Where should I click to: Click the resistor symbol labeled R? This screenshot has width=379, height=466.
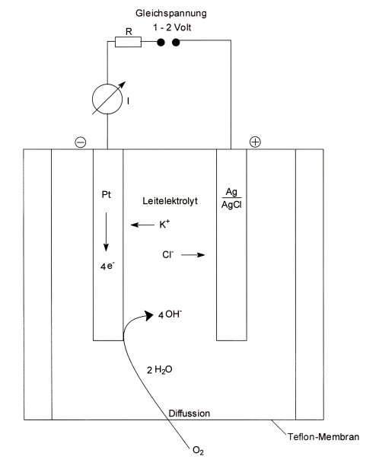pyautogui.click(x=128, y=42)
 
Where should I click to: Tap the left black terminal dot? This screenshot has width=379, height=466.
pyautogui.click(x=161, y=43)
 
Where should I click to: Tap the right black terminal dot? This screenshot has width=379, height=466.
pyautogui.click(x=176, y=43)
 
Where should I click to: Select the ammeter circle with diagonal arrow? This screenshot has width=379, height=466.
pyautogui.click(x=107, y=99)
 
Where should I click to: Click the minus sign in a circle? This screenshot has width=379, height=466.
pyautogui.click(x=81, y=142)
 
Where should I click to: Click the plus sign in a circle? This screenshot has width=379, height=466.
pyautogui.click(x=255, y=142)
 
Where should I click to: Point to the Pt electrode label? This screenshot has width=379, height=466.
pyautogui.click(x=106, y=195)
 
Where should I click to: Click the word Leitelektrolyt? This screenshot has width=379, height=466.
pyautogui.click(x=170, y=201)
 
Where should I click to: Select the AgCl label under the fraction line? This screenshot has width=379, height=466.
pyautogui.click(x=231, y=205)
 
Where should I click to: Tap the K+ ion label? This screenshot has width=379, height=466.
pyautogui.click(x=164, y=224)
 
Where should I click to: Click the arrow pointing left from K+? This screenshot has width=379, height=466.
pyautogui.click(x=142, y=225)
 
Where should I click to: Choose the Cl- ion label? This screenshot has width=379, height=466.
pyautogui.click(x=168, y=254)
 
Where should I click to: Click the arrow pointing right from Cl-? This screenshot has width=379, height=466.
pyautogui.click(x=193, y=254)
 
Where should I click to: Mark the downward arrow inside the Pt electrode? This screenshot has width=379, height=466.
pyautogui.click(x=106, y=231)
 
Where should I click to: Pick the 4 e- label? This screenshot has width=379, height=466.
pyautogui.click(x=107, y=266)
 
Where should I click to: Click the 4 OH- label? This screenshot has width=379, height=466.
pyautogui.click(x=170, y=314)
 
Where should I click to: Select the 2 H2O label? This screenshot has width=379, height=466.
pyautogui.click(x=160, y=370)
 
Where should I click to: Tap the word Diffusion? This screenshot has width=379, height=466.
pyautogui.click(x=189, y=413)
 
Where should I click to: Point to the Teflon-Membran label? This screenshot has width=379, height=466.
pyautogui.click(x=323, y=437)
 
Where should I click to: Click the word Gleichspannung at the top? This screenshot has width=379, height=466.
pyautogui.click(x=171, y=14)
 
